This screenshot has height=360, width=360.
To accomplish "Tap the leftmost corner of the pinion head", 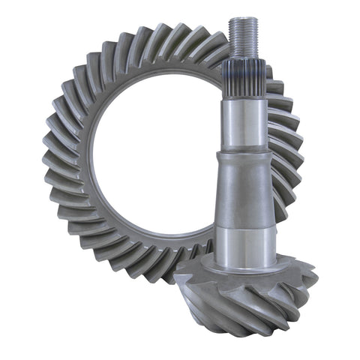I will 176,277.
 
